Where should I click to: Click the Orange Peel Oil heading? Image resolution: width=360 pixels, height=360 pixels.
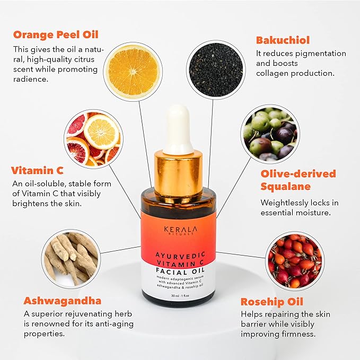pos(56,35)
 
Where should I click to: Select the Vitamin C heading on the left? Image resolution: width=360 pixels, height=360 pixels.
pos(37,170)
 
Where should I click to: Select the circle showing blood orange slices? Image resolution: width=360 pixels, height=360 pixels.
pos(93,139)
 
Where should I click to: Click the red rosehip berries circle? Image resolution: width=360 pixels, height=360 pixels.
pos(293,261)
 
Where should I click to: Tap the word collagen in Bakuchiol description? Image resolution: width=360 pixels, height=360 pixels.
pos(274,73)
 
